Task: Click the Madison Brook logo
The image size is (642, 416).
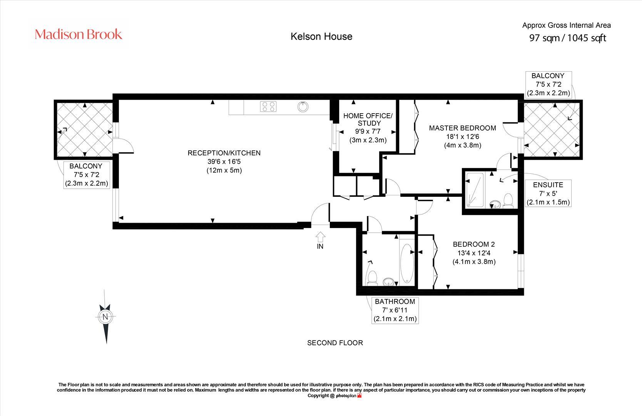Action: coord(79,35)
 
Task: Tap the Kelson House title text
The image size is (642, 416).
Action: coord(321,37)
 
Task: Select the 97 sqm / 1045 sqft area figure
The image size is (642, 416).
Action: coord(568,38)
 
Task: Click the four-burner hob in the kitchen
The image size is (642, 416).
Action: coord(268,106)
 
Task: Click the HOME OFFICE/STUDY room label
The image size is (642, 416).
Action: coord(368,119)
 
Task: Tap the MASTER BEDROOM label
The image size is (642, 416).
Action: coord(463,128)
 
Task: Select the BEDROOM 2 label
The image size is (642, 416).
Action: coord(473,244)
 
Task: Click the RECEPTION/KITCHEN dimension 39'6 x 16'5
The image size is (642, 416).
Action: coord(224,162)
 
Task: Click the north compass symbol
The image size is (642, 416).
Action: coord(105,317)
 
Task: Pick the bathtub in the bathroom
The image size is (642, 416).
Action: coord(406,263)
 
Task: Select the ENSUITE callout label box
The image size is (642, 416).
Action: coord(548,193)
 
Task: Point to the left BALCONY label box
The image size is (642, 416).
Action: coord(86,174)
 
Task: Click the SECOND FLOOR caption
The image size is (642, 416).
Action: coord(335,343)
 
